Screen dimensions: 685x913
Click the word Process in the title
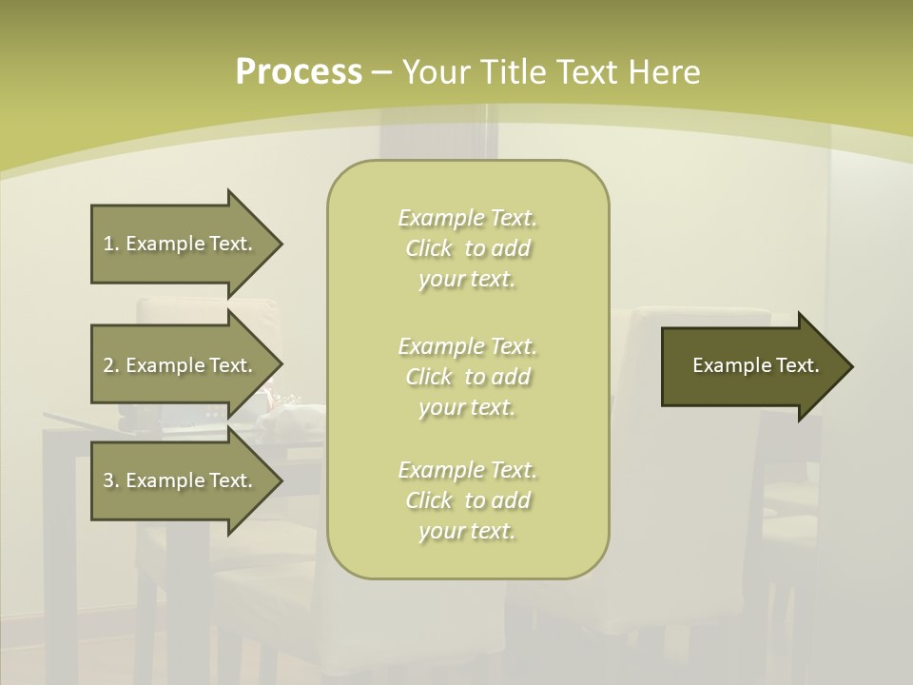pyautogui.click(x=299, y=72)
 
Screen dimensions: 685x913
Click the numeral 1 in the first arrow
pyautogui.click(x=108, y=244)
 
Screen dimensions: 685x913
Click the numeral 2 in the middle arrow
pyautogui.click(x=108, y=365)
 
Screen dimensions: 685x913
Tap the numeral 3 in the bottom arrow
pyautogui.click(x=108, y=480)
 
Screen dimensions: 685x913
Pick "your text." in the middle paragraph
pyautogui.click(x=467, y=407)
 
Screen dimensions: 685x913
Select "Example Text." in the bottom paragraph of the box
pyautogui.click(x=467, y=470)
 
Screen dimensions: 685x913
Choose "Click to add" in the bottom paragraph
pyautogui.click(x=467, y=500)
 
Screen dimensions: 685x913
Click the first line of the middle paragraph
pyautogui.click(x=467, y=345)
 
